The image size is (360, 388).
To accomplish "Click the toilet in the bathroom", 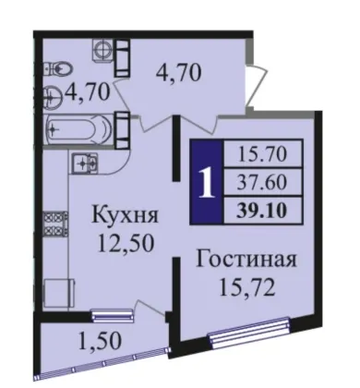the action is (x=57, y=68).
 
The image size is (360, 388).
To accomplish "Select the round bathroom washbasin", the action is (x=53, y=97).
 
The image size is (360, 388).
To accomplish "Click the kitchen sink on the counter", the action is (x=84, y=162).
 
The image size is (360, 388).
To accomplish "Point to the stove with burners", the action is (x=55, y=224).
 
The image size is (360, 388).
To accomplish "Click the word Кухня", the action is (x=126, y=215).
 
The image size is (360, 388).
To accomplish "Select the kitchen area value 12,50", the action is (x=126, y=243).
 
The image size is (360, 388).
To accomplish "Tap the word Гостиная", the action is (x=246, y=260).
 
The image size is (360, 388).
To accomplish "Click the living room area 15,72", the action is (x=246, y=287).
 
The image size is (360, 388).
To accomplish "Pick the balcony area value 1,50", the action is (x=100, y=341).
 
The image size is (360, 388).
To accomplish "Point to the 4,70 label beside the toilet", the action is (x=88, y=91).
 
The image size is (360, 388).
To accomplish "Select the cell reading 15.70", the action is (x=262, y=153).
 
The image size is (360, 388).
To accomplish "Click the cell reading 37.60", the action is (x=262, y=182).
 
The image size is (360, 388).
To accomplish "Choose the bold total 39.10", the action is (x=262, y=211).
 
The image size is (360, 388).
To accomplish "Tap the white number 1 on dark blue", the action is (x=206, y=183).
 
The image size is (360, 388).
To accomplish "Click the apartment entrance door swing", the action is (x=256, y=84).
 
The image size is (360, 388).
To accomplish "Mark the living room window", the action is (x=249, y=333).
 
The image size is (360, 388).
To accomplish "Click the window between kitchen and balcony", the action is (x=113, y=315).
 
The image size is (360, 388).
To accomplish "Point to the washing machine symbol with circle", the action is (x=101, y=50).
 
